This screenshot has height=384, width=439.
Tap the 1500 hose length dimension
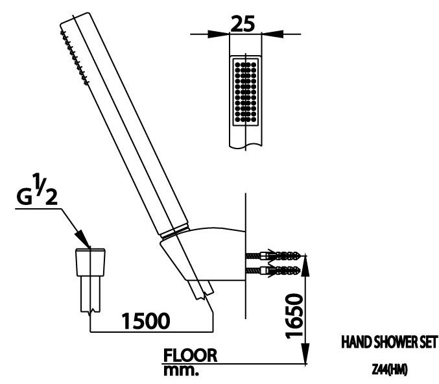[x=147, y=320]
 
